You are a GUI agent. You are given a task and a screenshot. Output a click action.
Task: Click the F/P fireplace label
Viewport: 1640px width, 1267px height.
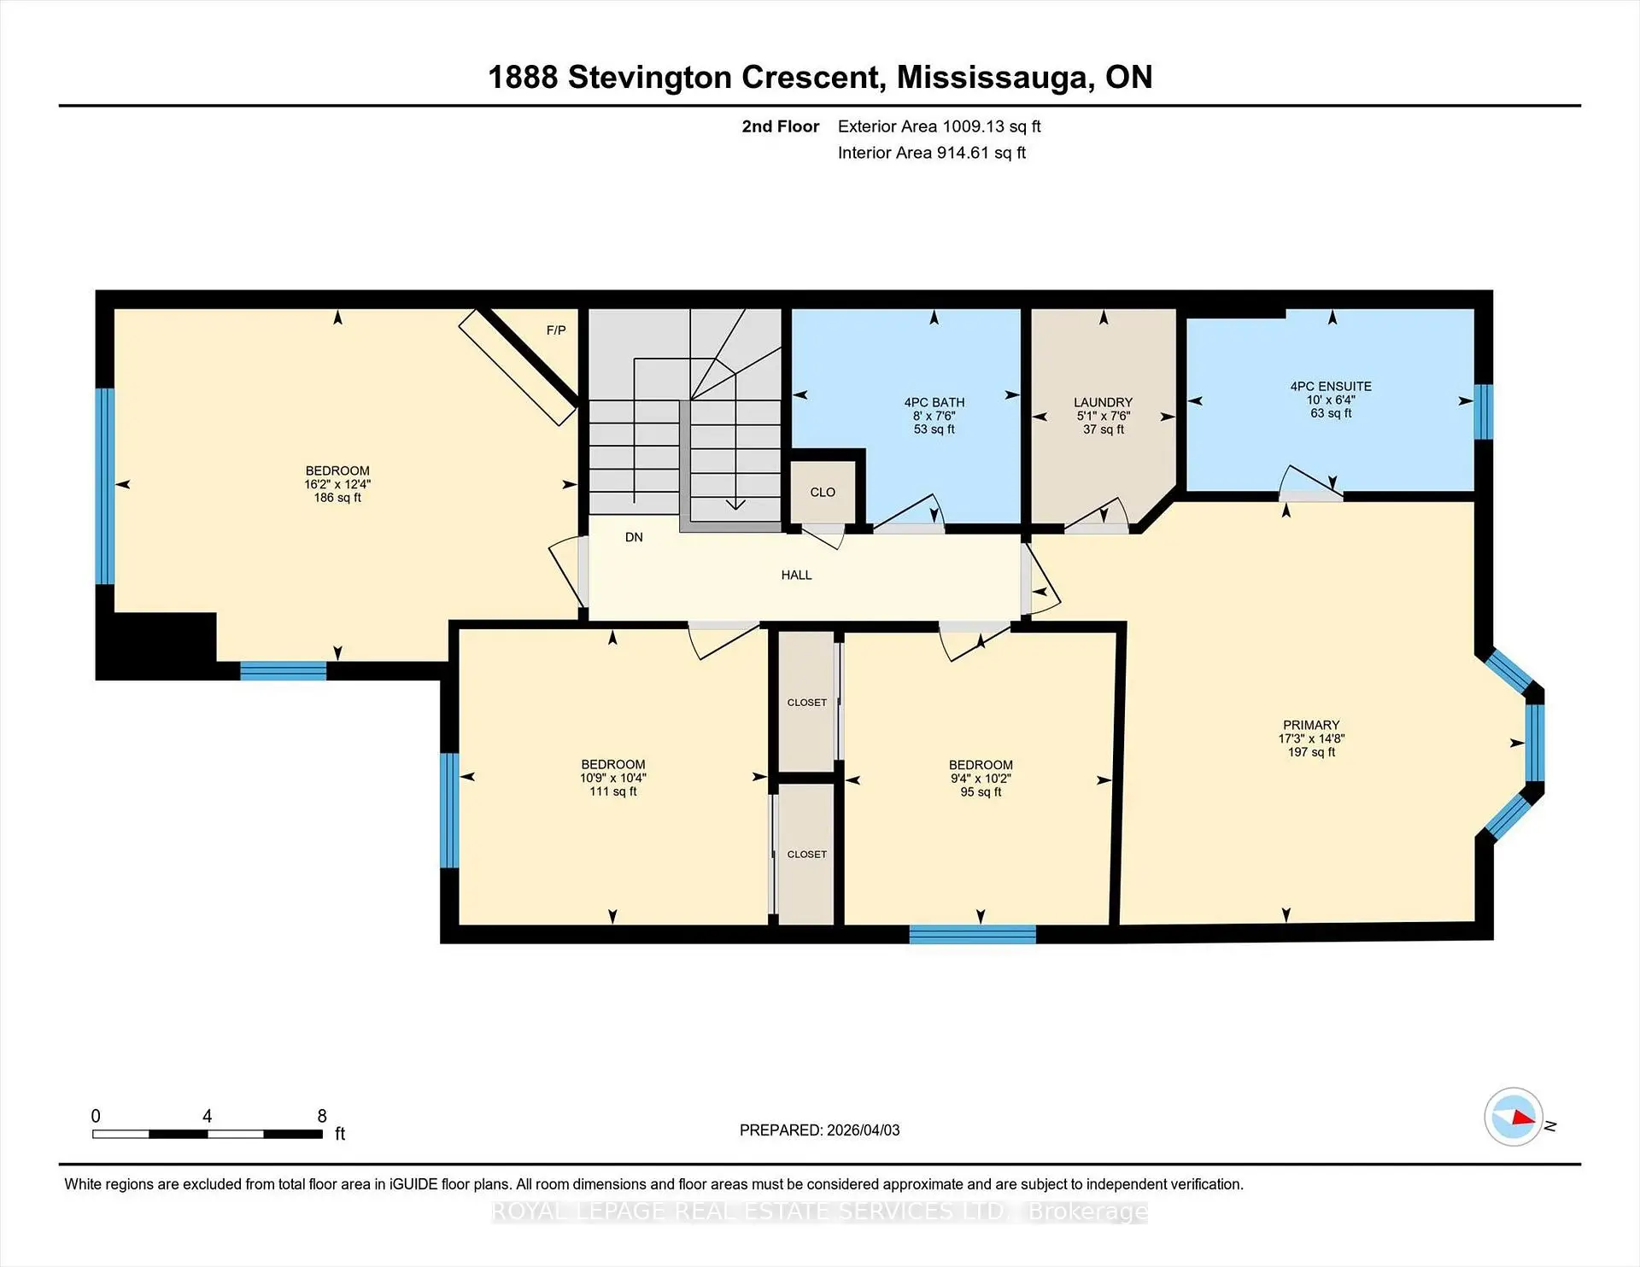click(x=556, y=330)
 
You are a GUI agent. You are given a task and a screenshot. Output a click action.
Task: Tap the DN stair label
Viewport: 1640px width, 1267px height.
click(x=634, y=537)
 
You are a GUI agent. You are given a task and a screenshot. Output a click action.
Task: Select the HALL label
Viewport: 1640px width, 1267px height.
click(x=796, y=575)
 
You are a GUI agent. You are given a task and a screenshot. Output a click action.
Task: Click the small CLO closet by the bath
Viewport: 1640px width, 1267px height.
click(x=823, y=493)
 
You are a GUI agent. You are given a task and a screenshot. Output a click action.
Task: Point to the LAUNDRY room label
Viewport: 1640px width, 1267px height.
click(x=1103, y=402)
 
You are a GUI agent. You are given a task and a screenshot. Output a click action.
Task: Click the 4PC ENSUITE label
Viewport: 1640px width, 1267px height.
click(x=1331, y=387)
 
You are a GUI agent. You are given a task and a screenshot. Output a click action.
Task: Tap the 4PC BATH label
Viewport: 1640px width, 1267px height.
click(x=934, y=402)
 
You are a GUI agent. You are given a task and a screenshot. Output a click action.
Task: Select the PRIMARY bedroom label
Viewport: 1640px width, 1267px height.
click(x=1311, y=725)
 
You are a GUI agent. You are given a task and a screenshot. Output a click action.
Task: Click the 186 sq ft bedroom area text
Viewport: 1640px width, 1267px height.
click(x=337, y=498)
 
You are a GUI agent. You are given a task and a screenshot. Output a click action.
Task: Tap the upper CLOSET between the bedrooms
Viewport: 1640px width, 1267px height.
click(x=807, y=703)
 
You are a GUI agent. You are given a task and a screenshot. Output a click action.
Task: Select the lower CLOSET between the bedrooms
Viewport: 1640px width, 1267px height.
click(x=807, y=855)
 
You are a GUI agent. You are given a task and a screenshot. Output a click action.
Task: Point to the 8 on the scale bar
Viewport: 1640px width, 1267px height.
click(x=322, y=1116)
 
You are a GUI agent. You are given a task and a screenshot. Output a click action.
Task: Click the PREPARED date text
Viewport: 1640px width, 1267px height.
click(x=819, y=1130)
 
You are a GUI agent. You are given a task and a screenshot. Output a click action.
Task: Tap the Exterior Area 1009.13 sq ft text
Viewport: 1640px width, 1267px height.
click(x=939, y=126)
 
